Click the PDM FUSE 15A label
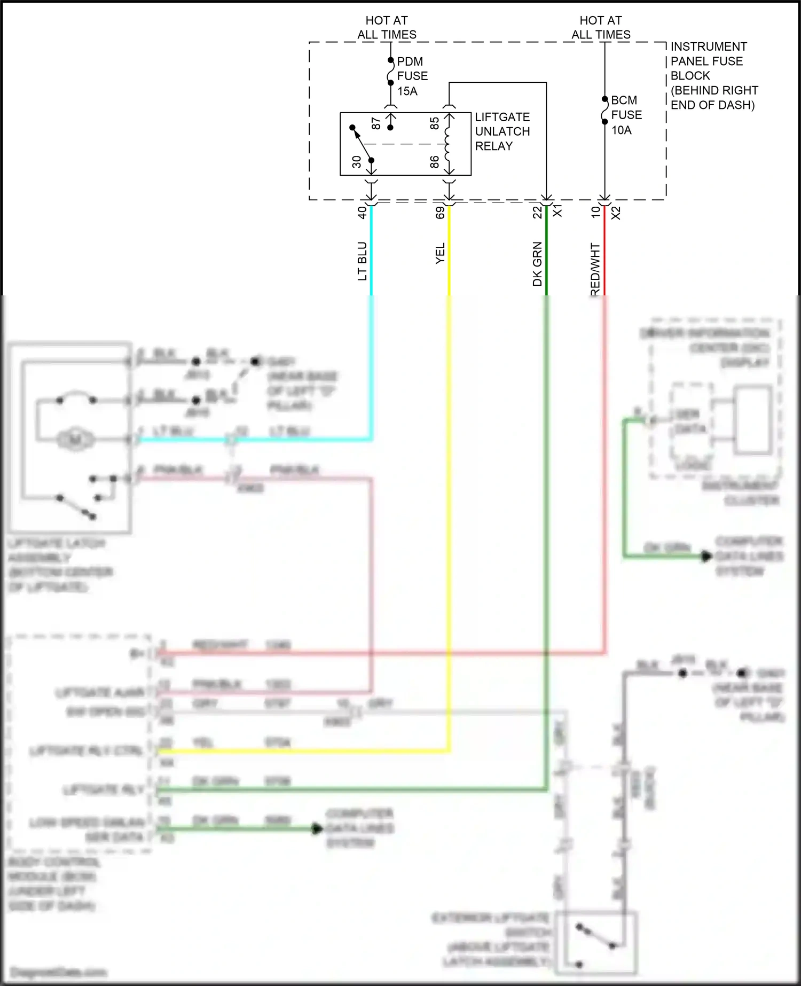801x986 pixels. coord(412,76)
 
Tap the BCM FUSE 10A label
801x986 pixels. coord(626,115)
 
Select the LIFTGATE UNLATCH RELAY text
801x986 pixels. coord(502,131)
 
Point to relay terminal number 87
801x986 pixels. coord(376,124)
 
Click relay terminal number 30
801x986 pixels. coord(356,162)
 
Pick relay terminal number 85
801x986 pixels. coord(435,123)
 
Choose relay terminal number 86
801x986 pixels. coord(435,162)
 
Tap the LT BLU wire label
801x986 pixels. coord(362,261)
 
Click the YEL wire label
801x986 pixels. coord(440,254)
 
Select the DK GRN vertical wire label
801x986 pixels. coord(537,264)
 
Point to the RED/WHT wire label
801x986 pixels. coord(595,269)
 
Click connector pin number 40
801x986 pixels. coord(362,213)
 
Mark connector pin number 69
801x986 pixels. coord(440,213)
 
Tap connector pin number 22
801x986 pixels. coord(537,213)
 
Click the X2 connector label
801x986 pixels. coord(616,213)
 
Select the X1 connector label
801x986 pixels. coord(557,211)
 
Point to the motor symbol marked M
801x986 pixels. coord(75,440)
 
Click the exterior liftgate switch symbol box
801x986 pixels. coord(596,942)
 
